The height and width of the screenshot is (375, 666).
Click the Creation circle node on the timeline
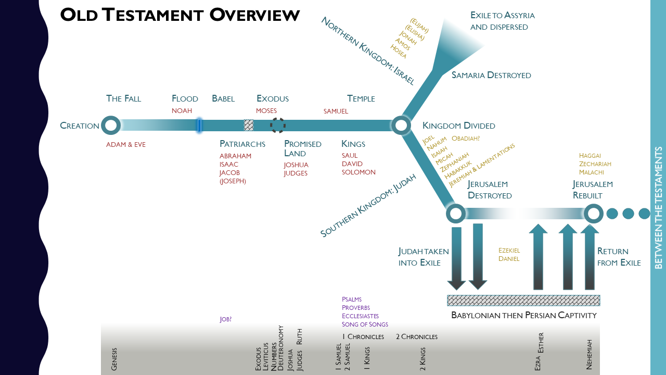110,126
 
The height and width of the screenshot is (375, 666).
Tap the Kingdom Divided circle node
401,126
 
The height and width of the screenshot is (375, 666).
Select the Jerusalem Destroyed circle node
456,214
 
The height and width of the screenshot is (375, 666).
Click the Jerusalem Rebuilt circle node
593,214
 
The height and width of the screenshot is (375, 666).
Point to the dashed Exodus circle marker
277,126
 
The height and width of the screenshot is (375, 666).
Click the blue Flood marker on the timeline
199,126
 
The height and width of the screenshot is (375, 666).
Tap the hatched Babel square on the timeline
249,126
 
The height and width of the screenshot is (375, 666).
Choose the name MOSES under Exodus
266,111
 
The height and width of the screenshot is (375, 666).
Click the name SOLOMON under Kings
358,172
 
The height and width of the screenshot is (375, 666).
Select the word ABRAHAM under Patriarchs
235,156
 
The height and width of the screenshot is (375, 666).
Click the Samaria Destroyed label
491,76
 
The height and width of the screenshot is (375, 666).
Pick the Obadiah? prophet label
466,139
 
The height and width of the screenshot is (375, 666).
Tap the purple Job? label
225,319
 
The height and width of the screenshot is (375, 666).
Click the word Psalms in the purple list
351,299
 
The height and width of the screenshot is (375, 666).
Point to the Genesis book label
114,359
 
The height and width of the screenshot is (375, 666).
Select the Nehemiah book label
590,355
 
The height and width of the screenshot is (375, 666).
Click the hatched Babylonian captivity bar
523,301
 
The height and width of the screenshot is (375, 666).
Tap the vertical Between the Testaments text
658,208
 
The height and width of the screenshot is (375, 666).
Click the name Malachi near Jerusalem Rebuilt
591,172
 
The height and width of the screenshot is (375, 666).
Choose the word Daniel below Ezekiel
509,259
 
